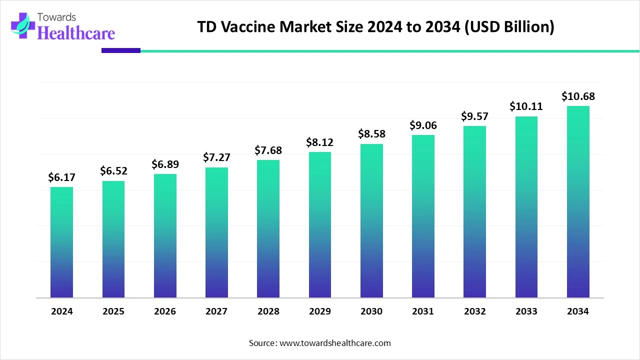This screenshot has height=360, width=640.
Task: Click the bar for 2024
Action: [61, 242]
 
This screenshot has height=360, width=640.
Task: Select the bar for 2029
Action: [320, 225]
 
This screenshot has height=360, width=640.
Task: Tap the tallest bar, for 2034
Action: [578, 202]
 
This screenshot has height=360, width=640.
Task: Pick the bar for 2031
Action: [423, 216]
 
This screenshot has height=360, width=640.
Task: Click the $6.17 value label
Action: [61, 177]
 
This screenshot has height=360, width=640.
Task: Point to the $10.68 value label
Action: [578, 96]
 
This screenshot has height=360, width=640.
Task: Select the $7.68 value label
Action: [268, 150]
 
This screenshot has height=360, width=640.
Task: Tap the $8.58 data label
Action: [371, 134]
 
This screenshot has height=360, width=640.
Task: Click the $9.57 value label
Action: [474, 116]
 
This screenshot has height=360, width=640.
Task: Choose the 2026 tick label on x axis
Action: [165, 311]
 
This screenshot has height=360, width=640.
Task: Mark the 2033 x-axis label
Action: [526, 311]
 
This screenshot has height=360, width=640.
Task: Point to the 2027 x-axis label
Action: [216, 311]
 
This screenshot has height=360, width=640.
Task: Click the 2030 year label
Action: [371, 311]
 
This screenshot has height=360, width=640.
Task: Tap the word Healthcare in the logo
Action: [76, 33]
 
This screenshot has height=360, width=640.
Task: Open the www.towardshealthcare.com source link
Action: [334, 343]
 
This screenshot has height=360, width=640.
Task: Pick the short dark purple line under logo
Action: [121, 50]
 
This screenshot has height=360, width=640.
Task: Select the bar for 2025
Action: [113, 239]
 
